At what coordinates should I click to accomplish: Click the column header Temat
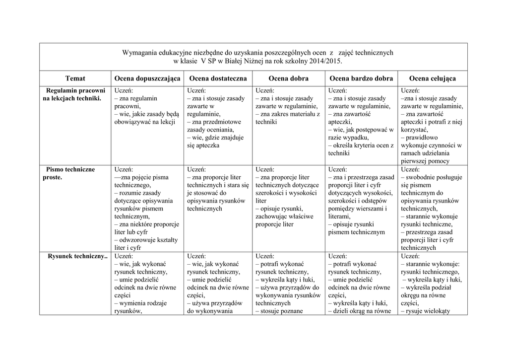click(75, 78)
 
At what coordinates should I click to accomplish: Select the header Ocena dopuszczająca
click(147, 78)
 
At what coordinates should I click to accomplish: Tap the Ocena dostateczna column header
click(218, 78)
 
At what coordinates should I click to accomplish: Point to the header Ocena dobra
click(288, 78)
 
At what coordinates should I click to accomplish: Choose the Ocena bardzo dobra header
click(361, 78)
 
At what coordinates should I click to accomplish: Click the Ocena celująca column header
click(433, 78)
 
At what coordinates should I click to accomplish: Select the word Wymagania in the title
click(140, 52)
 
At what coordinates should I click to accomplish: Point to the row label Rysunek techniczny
click(77, 257)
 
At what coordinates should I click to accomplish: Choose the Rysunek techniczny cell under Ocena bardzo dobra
click(361, 284)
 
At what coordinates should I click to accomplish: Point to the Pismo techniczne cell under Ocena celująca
click(432, 209)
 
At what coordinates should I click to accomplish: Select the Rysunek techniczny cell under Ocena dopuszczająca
click(147, 284)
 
